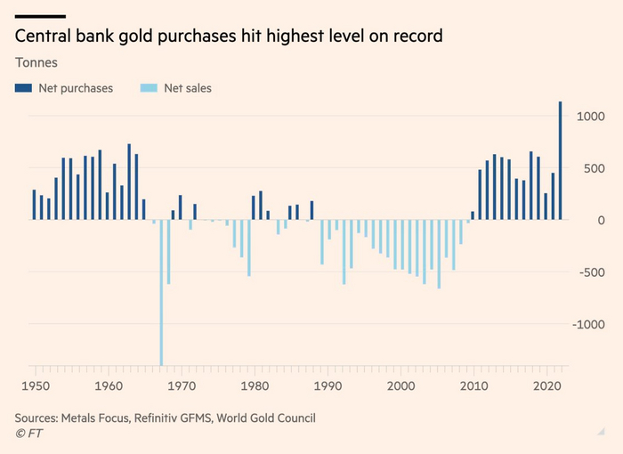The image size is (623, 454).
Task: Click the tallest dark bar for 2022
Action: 560,160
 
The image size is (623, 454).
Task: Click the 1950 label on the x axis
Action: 35,386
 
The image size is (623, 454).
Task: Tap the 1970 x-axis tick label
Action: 182,386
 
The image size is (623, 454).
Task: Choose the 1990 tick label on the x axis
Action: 328,386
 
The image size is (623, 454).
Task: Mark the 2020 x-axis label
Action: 547,386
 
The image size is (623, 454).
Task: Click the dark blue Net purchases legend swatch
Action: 23,88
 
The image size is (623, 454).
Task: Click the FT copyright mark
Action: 28,434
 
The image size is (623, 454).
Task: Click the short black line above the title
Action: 40,16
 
